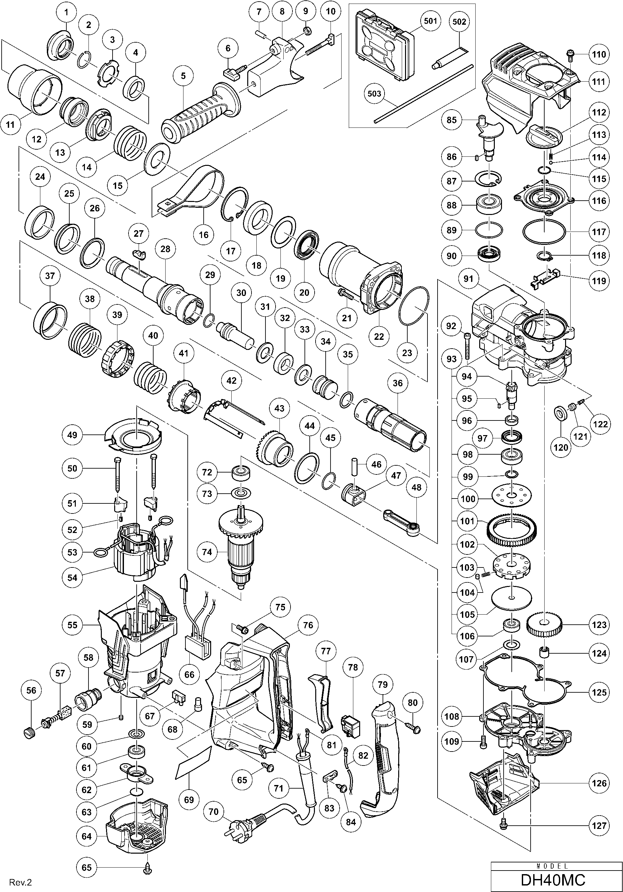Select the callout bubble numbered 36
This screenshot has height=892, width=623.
[x=397, y=383]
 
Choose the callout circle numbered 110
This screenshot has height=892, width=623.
[x=599, y=54]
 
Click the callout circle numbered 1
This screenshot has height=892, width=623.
[x=66, y=12]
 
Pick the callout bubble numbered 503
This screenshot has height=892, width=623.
[x=374, y=93]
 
